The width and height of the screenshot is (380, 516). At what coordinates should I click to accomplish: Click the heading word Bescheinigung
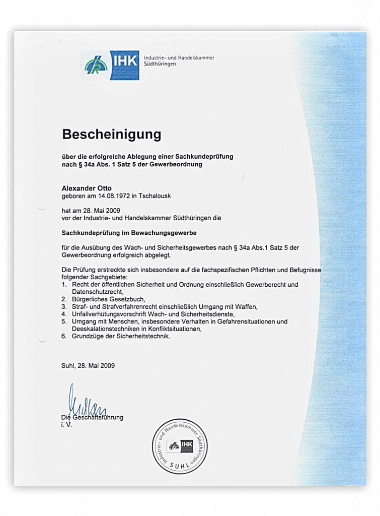point(111,135)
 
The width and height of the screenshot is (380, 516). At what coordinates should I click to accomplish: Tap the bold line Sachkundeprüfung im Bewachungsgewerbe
point(129,233)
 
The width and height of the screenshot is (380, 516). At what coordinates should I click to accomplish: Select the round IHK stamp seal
point(180,445)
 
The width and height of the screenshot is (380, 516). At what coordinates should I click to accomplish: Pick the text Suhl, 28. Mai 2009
point(88,365)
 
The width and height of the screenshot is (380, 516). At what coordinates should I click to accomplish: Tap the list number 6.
point(64,336)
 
